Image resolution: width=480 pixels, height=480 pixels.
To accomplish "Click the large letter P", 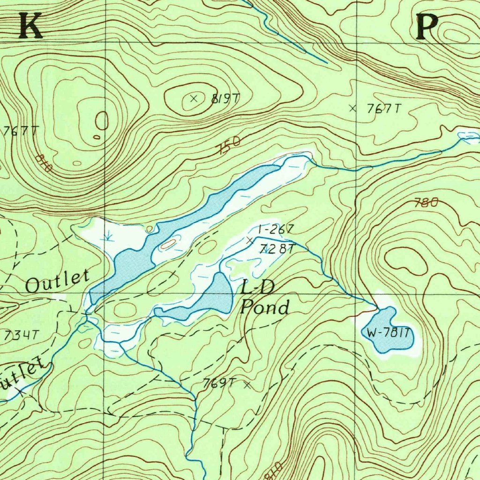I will click(x=427, y=26).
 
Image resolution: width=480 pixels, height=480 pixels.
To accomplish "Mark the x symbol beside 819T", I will click(x=194, y=98).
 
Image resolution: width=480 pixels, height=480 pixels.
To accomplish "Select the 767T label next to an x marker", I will click(x=384, y=109).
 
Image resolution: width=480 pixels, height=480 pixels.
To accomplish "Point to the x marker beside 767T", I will click(x=353, y=108).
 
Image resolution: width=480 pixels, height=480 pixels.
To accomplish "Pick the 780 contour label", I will click(x=427, y=203).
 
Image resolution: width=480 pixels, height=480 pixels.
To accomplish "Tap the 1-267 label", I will click(x=276, y=230).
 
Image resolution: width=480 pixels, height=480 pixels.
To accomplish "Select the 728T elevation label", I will click(x=277, y=249).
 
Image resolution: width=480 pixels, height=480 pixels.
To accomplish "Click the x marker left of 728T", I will click(x=249, y=240).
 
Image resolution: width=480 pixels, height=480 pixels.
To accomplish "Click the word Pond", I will click(x=265, y=307).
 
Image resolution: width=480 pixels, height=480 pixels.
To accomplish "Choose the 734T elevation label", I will click(x=20, y=335).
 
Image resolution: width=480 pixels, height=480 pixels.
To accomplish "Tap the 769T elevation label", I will click(x=218, y=383).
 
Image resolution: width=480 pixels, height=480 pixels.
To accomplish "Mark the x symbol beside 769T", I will click(x=247, y=385).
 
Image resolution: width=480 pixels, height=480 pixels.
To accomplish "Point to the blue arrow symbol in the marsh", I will click(x=108, y=234).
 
